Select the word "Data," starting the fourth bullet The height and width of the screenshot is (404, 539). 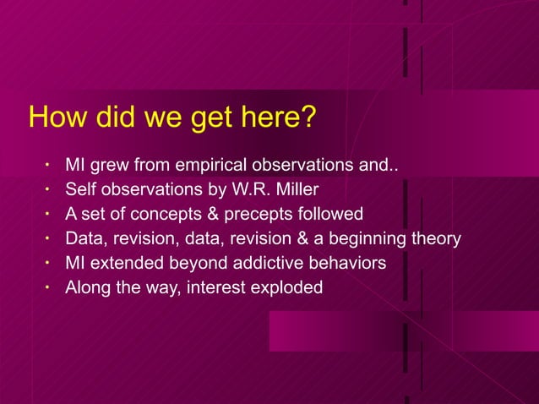(87, 238)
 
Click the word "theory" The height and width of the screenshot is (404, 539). (434, 238)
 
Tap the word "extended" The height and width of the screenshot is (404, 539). (122, 263)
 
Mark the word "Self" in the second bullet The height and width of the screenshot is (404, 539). (80, 188)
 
